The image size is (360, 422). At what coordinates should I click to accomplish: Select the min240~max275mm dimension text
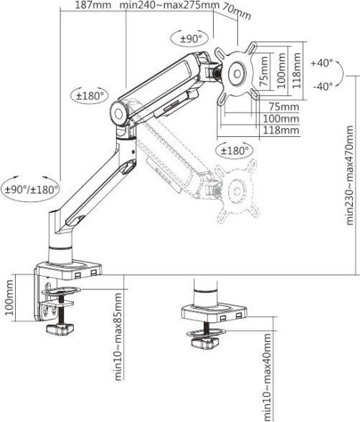(169, 6)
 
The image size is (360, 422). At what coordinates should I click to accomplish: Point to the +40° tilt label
(322, 63)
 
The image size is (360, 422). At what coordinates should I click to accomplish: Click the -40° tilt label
(322, 86)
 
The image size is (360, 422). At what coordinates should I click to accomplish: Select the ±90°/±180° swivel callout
(31, 190)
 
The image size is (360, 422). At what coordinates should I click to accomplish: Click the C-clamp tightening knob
(60, 329)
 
